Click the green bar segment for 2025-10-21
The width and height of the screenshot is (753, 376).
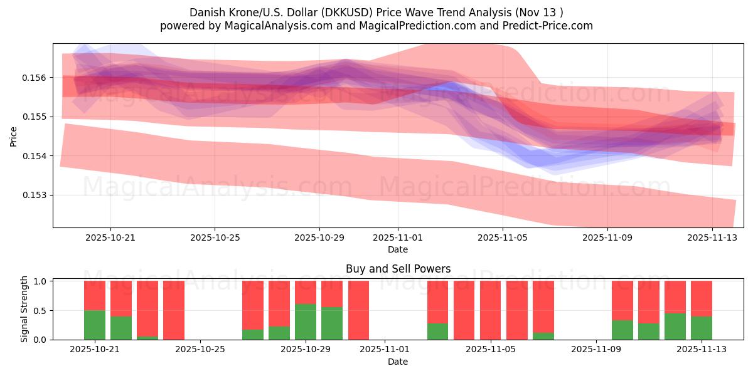click(x=95, y=325)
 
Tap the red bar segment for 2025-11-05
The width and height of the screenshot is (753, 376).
click(x=491, y=310)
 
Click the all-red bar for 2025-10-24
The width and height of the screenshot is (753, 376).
click(x=174, y=310)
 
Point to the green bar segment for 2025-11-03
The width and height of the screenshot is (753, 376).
click(x=438, y=332)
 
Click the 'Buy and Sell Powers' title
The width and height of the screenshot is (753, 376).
click(x=398, y=269)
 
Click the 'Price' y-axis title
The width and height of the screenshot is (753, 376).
click(x=14, y=136)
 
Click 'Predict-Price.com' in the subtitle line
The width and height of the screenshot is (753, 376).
click(x=545, y=26)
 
